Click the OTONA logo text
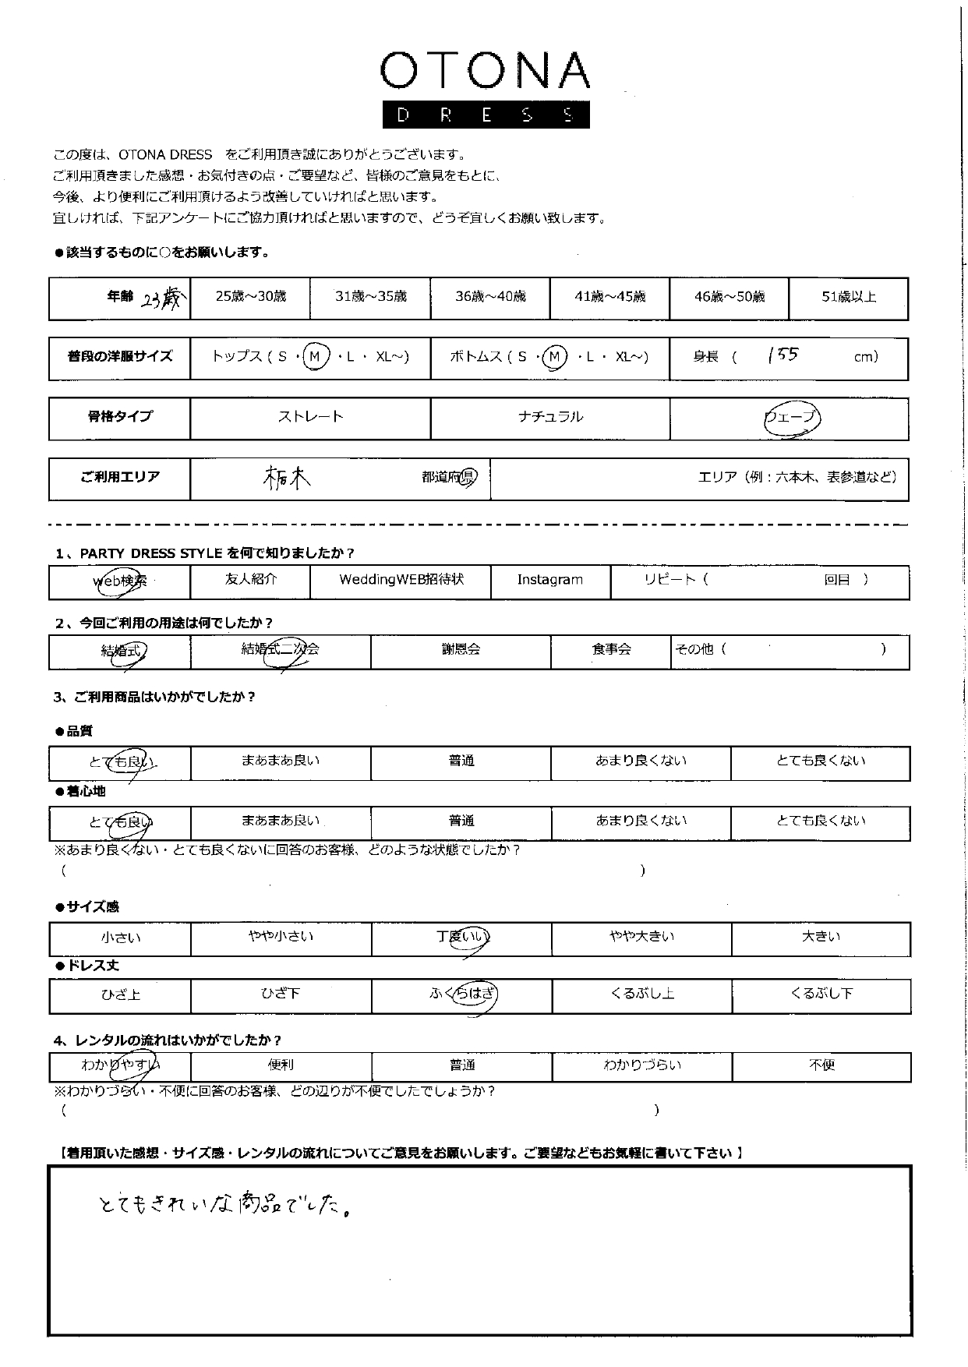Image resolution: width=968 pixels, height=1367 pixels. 484,72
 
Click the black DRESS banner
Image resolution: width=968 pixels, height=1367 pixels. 484,115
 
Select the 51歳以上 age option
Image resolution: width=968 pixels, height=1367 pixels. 849,297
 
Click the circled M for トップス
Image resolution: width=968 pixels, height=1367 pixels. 316,357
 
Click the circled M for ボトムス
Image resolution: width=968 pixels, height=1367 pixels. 555,357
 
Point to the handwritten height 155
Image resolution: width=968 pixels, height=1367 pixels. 783,355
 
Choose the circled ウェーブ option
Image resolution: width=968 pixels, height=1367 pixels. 792,418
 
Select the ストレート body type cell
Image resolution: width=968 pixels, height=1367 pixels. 310,417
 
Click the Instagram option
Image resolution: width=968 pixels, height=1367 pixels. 549,580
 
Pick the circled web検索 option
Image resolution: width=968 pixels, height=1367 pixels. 120,581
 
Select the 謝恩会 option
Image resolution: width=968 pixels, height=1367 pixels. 461,649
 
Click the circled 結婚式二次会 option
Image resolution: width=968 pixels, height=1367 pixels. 281,650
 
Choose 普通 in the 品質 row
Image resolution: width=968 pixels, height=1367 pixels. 461,761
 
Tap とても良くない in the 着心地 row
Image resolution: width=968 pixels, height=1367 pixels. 821,821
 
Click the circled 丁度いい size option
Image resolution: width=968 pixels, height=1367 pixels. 463,937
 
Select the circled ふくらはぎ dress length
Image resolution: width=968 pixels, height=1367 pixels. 463,994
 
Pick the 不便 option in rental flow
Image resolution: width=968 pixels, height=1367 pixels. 821,1065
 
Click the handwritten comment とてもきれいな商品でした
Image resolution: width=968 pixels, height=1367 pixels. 223,1206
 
